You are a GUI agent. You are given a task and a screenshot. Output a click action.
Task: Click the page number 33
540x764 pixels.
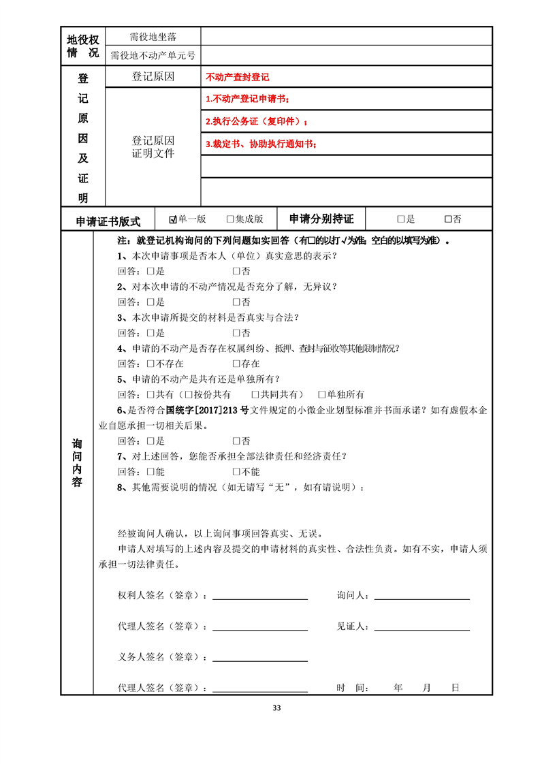276,707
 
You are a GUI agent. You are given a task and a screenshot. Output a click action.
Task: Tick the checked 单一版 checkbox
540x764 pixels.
173,219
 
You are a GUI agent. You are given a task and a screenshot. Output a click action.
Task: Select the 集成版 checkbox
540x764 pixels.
230,219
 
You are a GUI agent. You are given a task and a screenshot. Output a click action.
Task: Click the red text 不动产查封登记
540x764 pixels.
237,78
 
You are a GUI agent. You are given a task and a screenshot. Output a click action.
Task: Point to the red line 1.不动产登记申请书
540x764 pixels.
247,99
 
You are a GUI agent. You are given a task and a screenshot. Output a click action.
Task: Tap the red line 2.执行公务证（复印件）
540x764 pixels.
256,122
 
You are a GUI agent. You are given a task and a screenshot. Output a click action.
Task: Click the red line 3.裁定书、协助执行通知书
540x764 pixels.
261,144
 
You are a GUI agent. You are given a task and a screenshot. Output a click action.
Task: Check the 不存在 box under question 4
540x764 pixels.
151,364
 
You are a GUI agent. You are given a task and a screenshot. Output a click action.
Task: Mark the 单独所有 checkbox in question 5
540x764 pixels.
322,394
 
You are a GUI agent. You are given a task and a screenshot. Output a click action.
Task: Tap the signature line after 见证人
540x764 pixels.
422,627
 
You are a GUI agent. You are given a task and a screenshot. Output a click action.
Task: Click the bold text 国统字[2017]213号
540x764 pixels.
180,410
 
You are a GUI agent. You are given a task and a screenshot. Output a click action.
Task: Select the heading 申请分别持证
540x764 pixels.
321,219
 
